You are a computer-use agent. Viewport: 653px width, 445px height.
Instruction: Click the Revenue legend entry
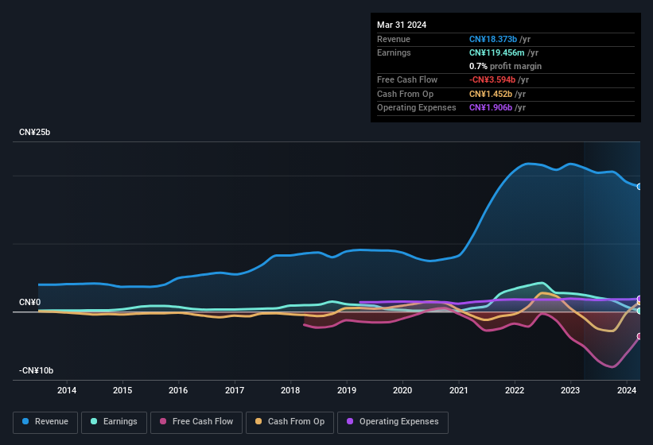point(45,422)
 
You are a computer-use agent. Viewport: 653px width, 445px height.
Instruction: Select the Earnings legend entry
point(114,422)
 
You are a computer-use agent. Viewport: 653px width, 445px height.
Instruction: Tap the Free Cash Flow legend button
point(196,422)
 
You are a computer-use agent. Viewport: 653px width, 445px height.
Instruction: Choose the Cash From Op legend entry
point(290,422)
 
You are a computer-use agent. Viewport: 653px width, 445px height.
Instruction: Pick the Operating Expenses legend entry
point(393,422)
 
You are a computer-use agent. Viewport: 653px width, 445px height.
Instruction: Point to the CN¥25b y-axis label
point(35,133)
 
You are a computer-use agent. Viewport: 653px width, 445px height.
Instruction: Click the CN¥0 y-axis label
point(30,303)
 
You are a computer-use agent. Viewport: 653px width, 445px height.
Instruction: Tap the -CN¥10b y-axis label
point(37,371)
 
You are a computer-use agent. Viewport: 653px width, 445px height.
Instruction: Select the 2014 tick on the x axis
point(67,390)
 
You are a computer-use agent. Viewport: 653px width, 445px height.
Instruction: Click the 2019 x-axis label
point(347,390)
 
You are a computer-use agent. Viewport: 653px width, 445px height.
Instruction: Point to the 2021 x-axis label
point(459,390)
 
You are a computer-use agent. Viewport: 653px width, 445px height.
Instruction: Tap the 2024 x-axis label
point(627,390)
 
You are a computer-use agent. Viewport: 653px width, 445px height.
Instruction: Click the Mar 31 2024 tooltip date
point(402,25)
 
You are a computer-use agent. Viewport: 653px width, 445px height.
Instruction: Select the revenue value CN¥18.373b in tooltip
point(492,39)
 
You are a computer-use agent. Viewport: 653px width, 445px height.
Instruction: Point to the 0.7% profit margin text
point(505,66)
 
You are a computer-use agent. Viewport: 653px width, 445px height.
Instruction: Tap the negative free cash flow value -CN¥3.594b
point(492,79)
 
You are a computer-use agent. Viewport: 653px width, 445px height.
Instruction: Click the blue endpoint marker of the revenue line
point(639,187)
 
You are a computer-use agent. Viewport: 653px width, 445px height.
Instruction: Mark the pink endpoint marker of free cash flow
point(639,336)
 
